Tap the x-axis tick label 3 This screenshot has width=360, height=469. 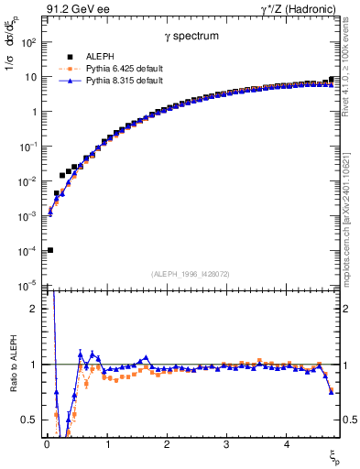tap(226, 444)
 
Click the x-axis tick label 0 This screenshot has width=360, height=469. tap(47, 444)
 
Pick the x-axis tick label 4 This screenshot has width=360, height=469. tap(287, 444)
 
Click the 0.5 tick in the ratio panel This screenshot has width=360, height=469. tap(33, 420)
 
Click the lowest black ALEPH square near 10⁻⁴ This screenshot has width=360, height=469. tap(49, 250)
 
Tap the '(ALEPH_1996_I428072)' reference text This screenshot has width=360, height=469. tap(189, 274)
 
